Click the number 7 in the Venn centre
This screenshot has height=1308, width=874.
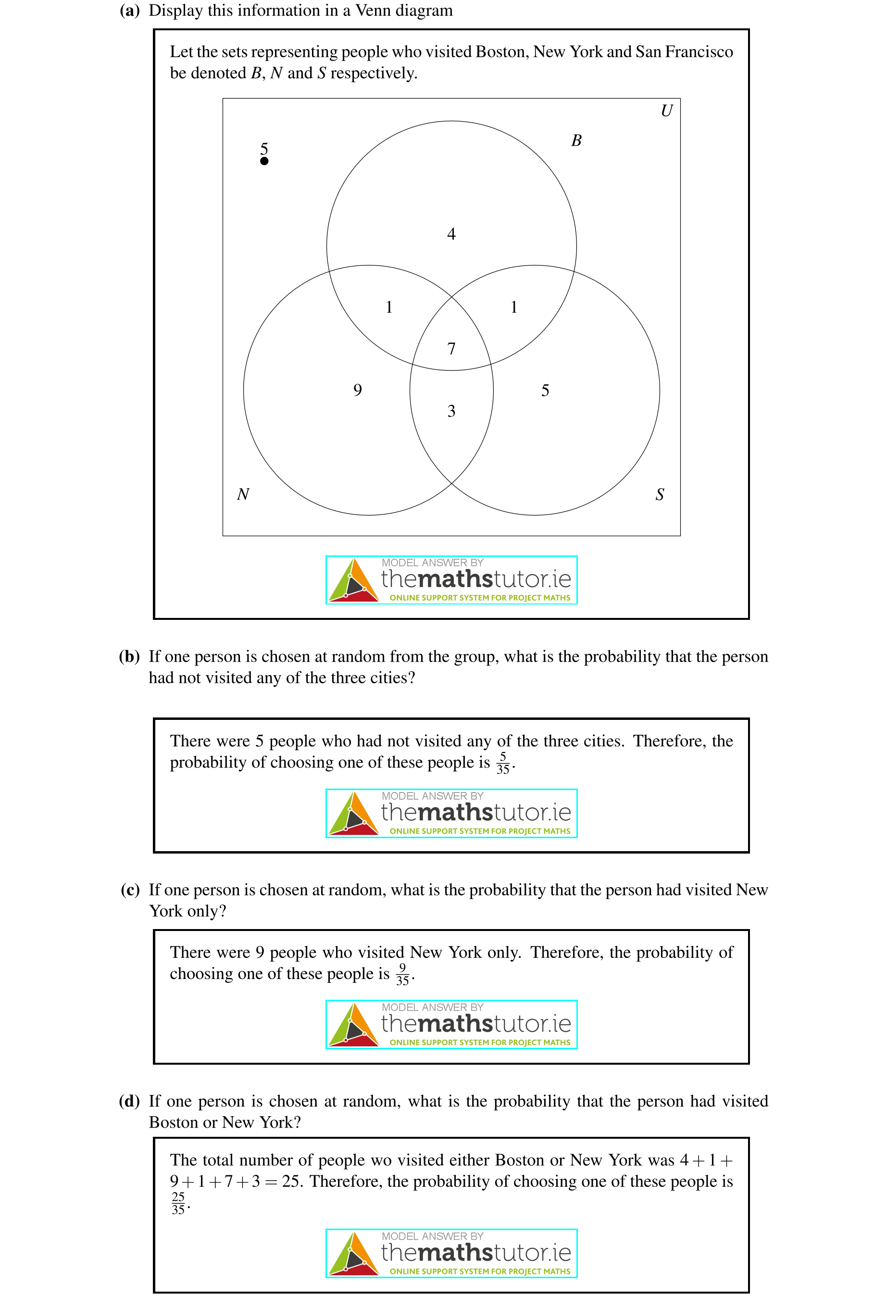pyautogui.click(x=451, y=349)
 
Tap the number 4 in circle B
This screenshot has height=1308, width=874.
pyautogui.click(x=451, y=234)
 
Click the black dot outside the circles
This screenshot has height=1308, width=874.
pyautogui.click(x=264, y=161)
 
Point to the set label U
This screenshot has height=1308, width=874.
pyautogui.click(x=666, y=111)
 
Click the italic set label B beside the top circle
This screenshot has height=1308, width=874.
pyautogui.click(x=576, y=140)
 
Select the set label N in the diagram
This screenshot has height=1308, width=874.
pyautogui.click(x=243, y=494)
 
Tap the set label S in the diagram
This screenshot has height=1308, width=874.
pyautogui.click(x=660, y=494)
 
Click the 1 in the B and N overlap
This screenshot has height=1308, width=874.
pyautogui.click(x=389, y=307)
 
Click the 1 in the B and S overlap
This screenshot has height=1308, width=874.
pyautogui.click(x=514, y=307)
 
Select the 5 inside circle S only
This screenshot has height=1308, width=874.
pyautogui.click(x=545, y=391)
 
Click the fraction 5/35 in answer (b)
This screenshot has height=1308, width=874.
pyautogui.click(x=503, y=763)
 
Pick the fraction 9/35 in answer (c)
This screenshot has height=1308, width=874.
pyautogui.click(x=402, y=975)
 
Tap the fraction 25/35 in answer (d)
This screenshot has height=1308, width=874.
pyautogui.click(x=178, y=1204)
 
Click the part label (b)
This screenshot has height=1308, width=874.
pyautogui.click(x=129, y=657)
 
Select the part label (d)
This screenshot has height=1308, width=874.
pyautogui.click(x=129, y=1101)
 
